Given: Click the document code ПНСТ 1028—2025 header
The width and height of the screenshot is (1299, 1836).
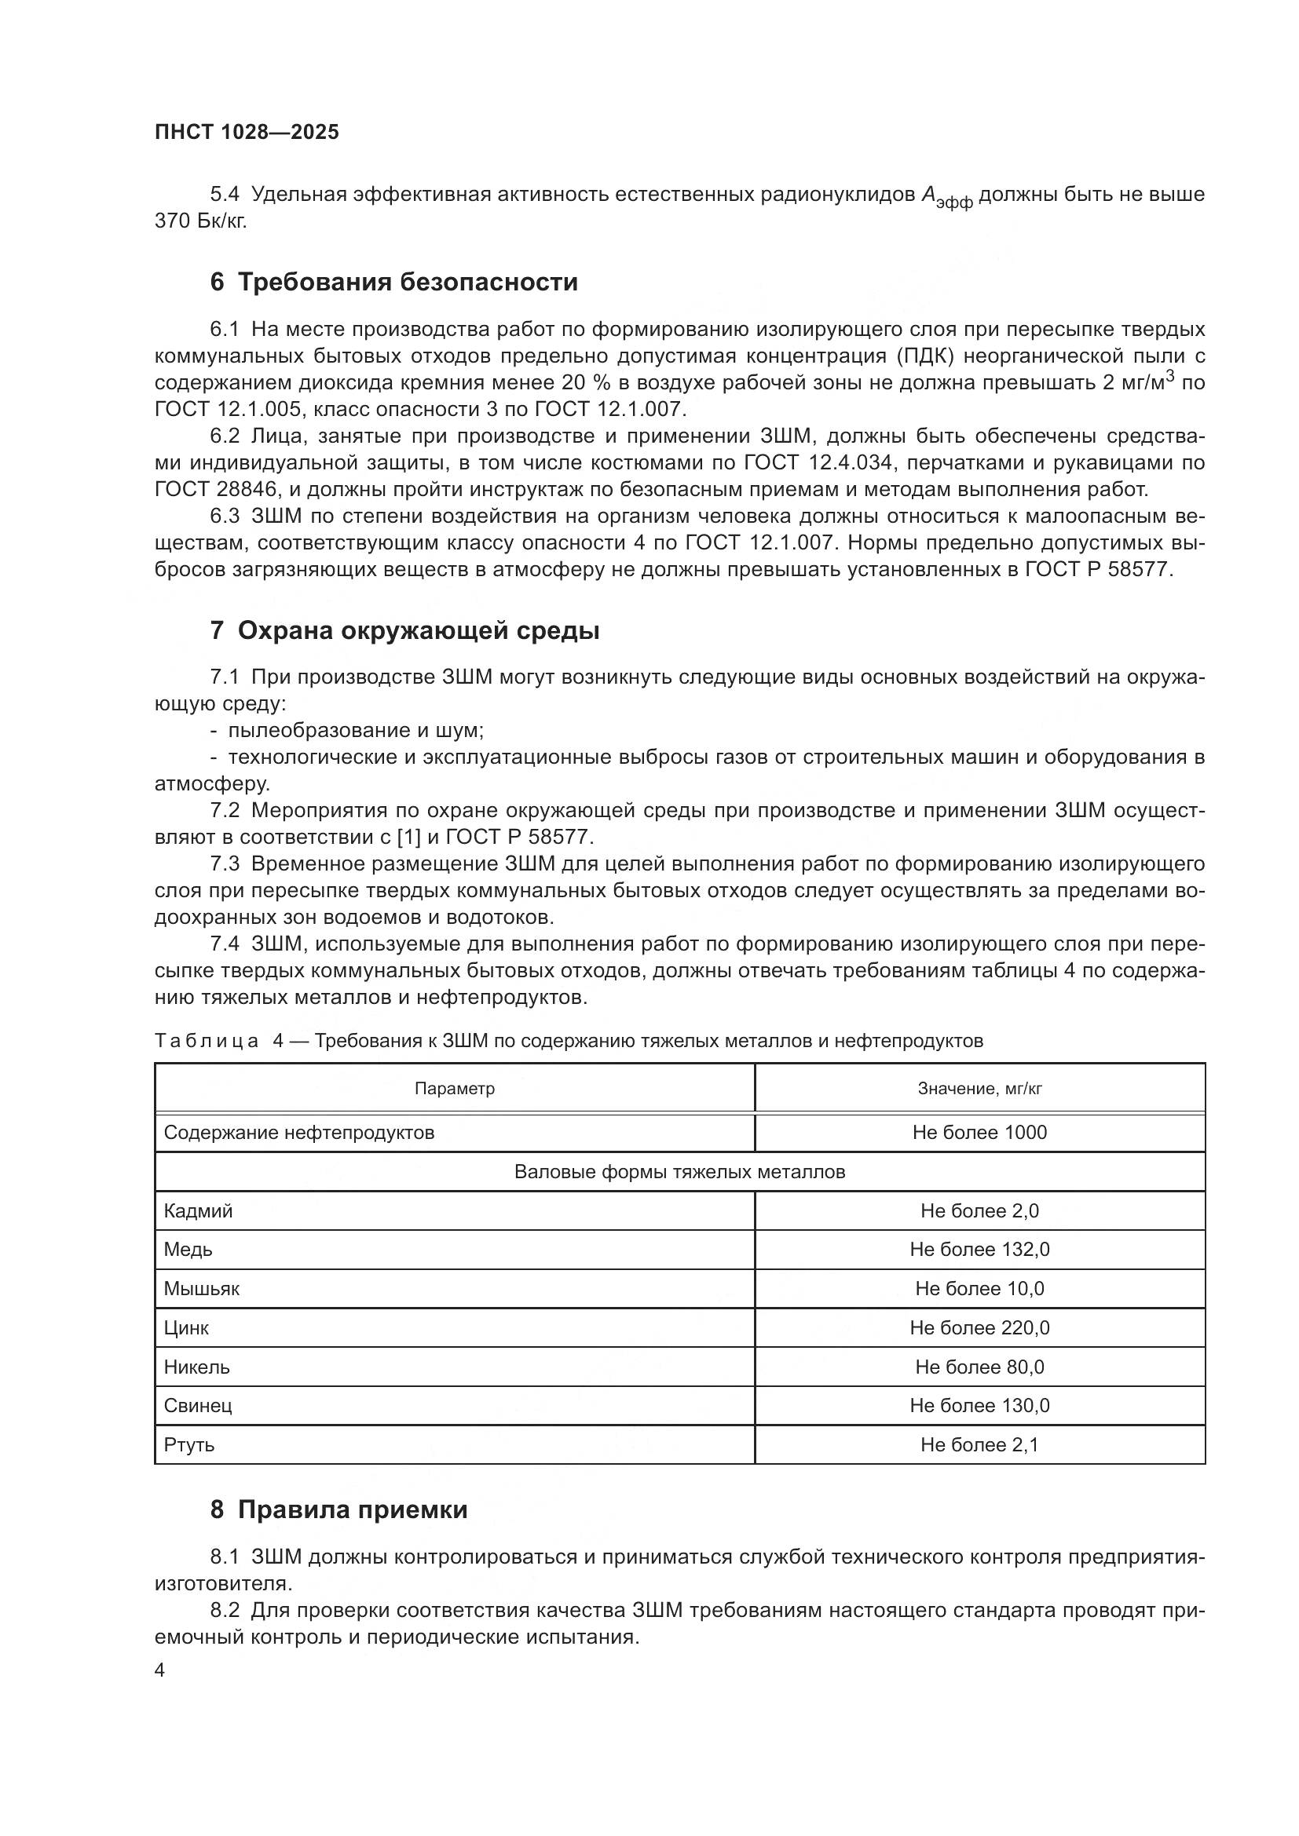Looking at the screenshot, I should coord(247,132).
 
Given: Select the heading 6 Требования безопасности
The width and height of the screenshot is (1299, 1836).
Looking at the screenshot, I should coord(393,283).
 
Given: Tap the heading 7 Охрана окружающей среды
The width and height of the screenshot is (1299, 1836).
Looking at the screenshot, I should coord(404,631).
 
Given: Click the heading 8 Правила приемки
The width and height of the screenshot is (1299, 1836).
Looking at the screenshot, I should coord(338,1509).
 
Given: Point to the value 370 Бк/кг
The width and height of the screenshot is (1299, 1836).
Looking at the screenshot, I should coord(201,221).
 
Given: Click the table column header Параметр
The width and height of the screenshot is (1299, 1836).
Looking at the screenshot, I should coord(454,1088).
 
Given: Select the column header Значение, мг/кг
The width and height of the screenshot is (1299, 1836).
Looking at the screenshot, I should coord(979,1088).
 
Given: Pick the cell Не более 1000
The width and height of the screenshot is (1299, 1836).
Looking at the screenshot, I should coord(979,1133).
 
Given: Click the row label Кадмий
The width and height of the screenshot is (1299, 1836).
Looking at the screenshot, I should coord(199,1210).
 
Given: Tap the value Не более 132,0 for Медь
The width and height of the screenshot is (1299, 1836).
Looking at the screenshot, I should coord(979,1249).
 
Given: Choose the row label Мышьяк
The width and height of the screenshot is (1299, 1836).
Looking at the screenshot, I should coord(202,1288).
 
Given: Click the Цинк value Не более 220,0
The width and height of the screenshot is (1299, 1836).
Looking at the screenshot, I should coord(979,1327).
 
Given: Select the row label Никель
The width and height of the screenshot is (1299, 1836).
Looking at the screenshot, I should coord(197,1367).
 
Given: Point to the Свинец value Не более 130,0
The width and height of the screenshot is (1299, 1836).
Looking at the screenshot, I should coord(979,1405).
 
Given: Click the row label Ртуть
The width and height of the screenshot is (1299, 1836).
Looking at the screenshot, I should coord(189,1444).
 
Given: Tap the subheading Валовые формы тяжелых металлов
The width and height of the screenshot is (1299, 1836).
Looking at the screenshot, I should coord(679,1171).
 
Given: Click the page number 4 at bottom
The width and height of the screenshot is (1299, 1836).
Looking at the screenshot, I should coord(160,1670).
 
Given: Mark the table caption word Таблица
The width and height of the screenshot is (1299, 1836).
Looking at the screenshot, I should coord(207,1041).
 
